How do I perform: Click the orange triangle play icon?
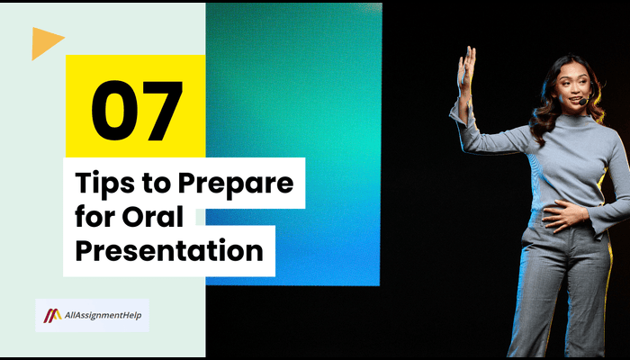[45, 42]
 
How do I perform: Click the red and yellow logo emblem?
[53, 316]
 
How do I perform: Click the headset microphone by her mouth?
[583, 103]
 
